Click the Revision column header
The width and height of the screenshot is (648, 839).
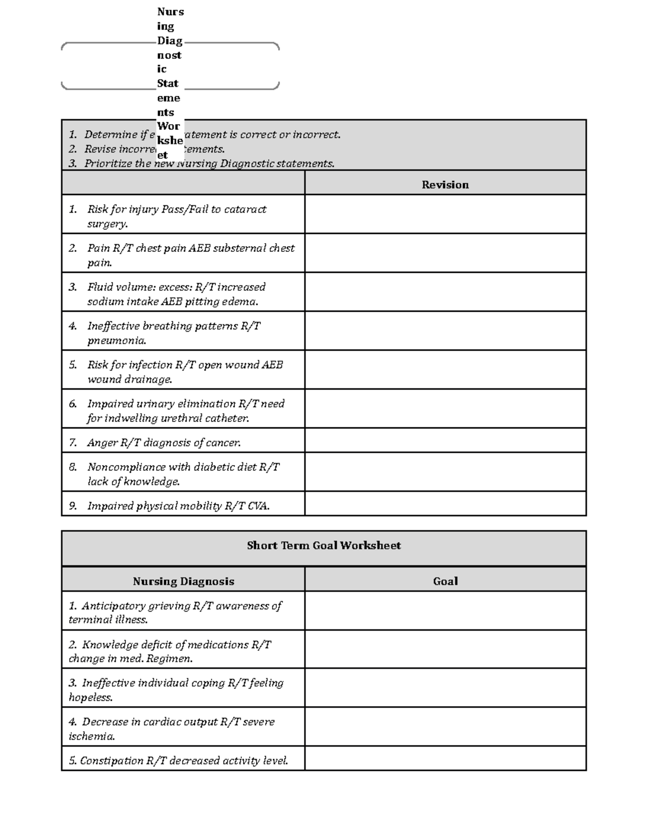tap(445, 185)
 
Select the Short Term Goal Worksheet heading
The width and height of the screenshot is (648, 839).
tap(323, 546)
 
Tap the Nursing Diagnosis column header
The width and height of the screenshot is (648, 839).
tap(184, 581)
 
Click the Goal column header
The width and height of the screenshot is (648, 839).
tap(445, 581)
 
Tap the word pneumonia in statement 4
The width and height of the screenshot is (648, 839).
tap(117, 341)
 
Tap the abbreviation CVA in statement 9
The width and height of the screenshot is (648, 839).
tap(258, 506)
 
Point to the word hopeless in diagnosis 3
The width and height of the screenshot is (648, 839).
tap(90, 697)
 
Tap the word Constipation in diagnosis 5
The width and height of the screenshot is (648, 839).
tap(112, 761)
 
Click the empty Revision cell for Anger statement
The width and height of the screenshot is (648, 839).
tap(445, 440)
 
